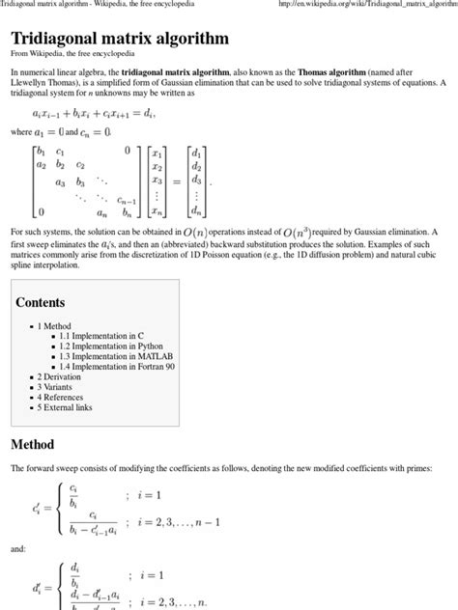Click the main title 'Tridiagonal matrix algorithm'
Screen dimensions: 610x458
pos(120,40)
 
